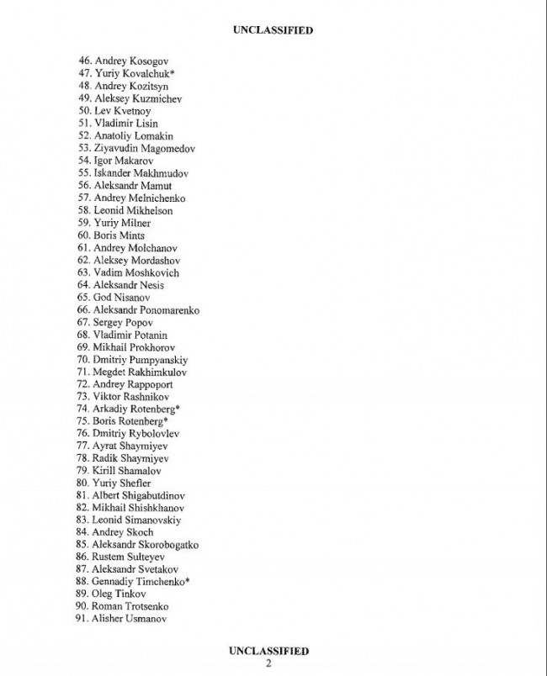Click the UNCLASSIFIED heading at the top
coord(273,30)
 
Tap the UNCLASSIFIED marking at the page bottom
coord(268,651)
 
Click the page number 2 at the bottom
coord(268,663)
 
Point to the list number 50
coord(84,111)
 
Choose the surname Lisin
coord(145,124)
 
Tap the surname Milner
coord(135,223)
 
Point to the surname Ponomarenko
coord(169,310)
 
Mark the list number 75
coord(84,420)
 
